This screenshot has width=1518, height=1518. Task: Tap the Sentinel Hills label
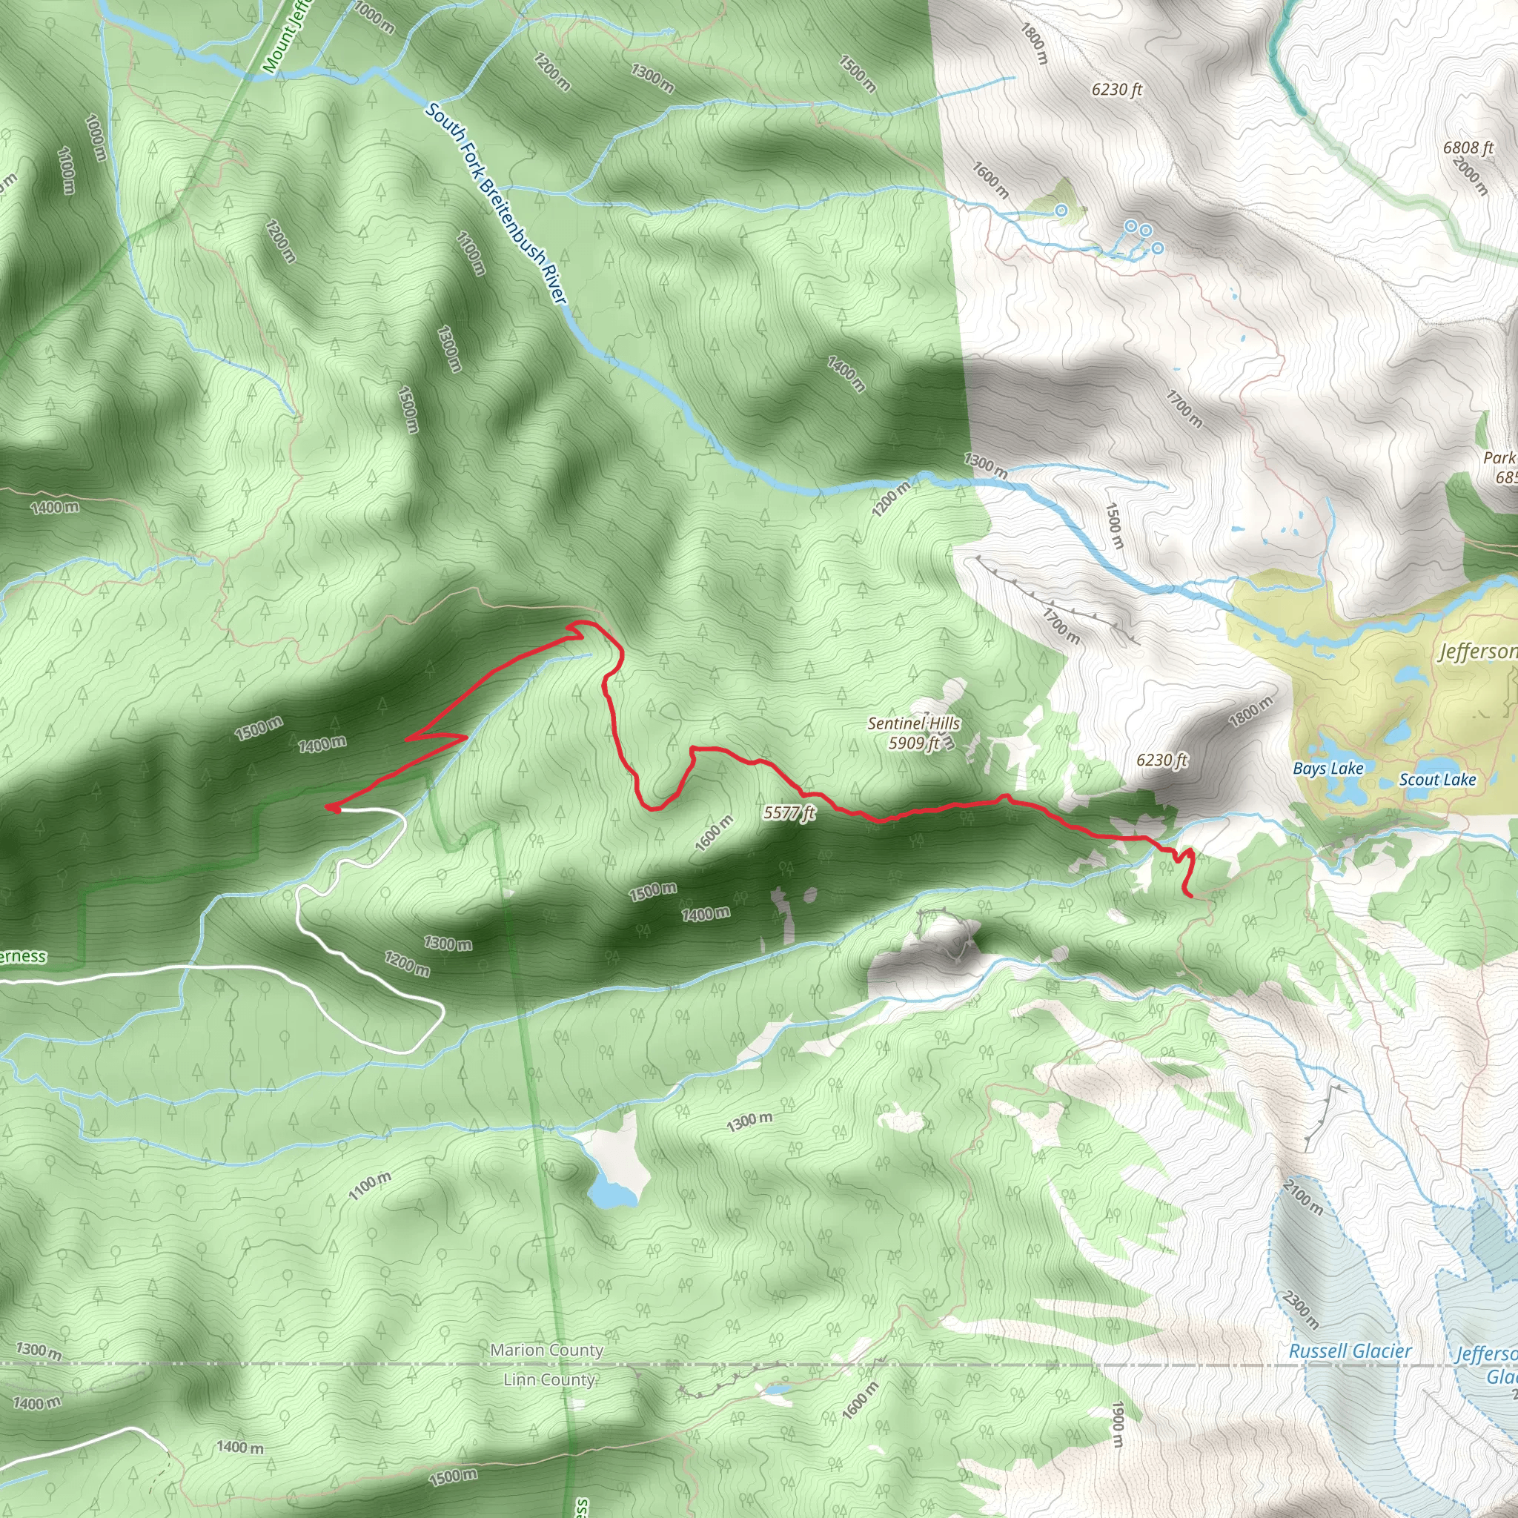pyautogui.click(x=914, y=723)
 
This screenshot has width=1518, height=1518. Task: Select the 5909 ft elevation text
pyautogui.click(x=914, y=743)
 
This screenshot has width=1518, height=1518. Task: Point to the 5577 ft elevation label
pyautogui.click(x=789, y=813)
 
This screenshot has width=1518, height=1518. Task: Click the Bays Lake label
pyautogui.click(x=1328, y=769)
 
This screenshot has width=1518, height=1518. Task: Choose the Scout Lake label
pyautogui.click(x=1437, y=780)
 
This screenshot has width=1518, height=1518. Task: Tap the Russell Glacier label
pyautogui.click(x=1350, y=1351)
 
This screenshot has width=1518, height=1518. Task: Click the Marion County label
pyautogui.click(x=547, y=1350)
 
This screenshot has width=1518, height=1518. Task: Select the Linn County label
pyautogui.click(x=549, y=1379)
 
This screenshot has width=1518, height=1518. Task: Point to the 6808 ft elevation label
pyautogui.click(x=1468, y=148)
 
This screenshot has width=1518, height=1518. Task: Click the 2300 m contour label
pyautogui.click(x=1299, y=1308)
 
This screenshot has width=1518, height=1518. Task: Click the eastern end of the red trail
pyautogui.click(x=1192, y=895)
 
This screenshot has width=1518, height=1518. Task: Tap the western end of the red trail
pyautogui.click(x=328, y=806)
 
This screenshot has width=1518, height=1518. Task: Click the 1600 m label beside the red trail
pyautogui.click(x=714, y=833)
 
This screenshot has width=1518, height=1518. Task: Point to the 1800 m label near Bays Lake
pyautogui.click(x=1250, y=712)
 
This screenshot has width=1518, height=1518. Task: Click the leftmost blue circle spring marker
pyautogui.click(x=1061, y=210)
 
